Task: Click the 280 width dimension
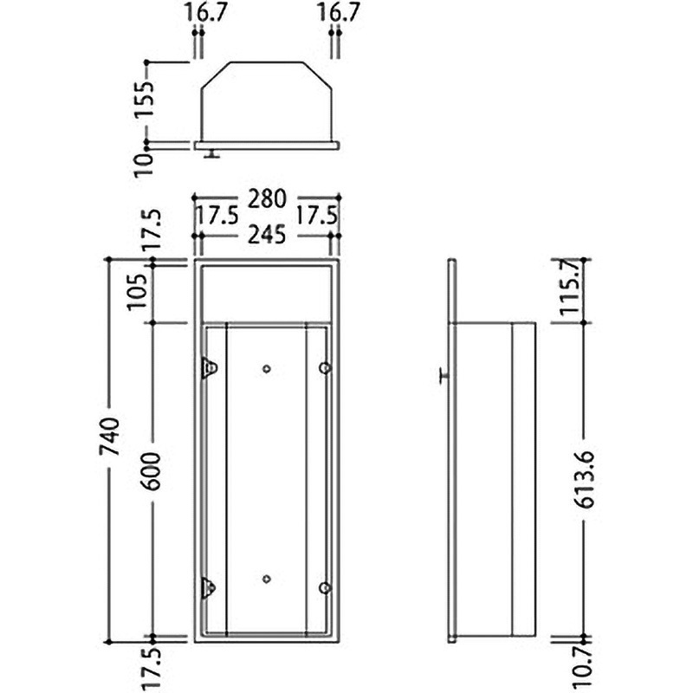coord(267,199)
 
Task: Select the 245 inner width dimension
coord(267,234)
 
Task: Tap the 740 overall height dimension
coord(109,437)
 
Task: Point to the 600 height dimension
coord(152,471)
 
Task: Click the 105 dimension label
coord(138,292)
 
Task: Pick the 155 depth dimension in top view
coord(145,98)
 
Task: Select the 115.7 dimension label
coord(570,288)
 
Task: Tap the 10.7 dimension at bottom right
coord(583,668)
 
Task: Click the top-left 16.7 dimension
coord(206,12)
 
